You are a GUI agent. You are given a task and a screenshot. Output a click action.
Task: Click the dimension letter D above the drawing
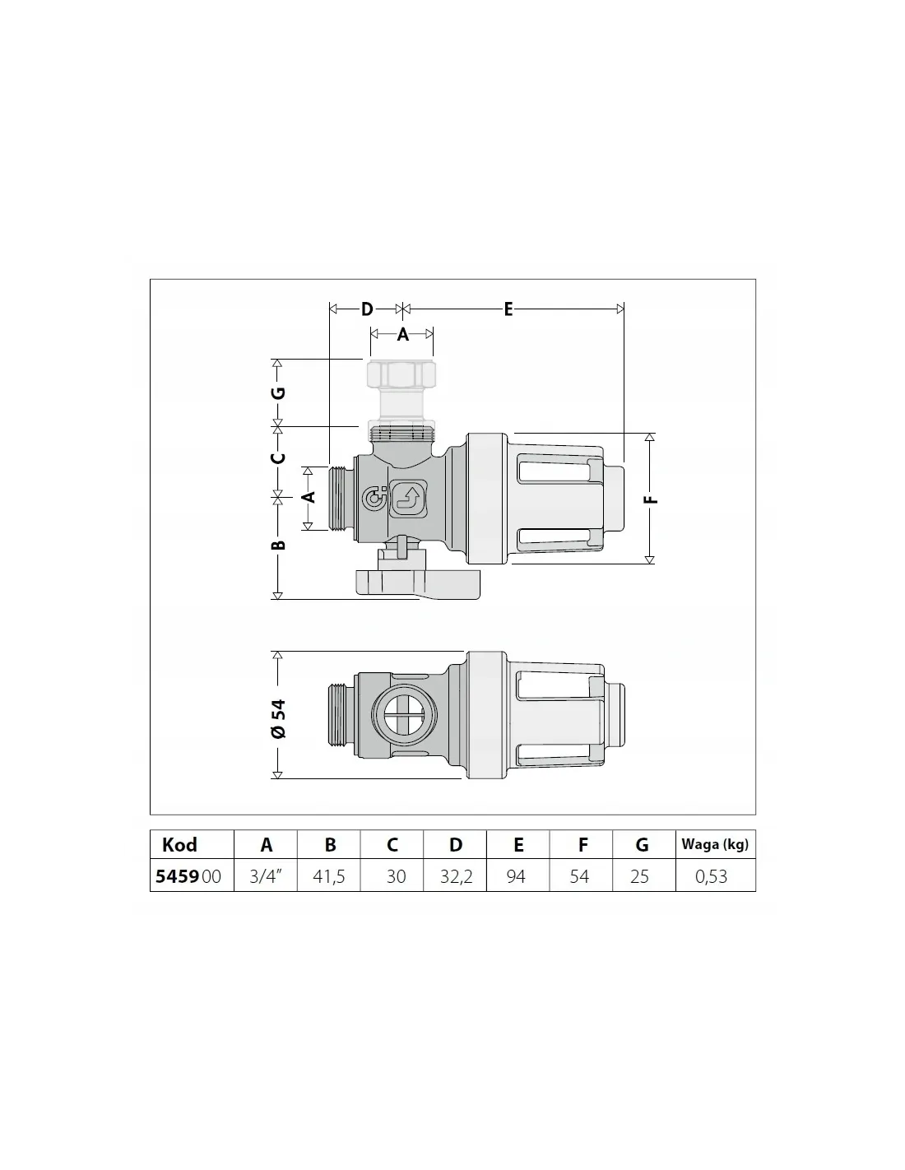coord(367,309)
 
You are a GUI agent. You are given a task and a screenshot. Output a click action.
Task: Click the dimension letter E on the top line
coord(508,309)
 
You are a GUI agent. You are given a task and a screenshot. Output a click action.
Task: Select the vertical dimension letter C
coord(278,458)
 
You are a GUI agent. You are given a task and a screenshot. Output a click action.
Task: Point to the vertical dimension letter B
coord(279,546)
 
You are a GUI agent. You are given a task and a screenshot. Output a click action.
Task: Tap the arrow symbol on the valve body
coord(409,498)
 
